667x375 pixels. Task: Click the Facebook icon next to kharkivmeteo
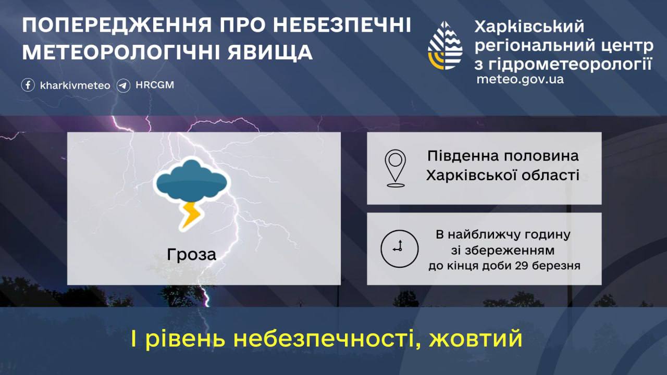coord(28,85)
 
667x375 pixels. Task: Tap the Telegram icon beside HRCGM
coord(123,86)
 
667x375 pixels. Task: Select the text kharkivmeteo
coord(75,85)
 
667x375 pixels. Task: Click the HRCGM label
coord(155,85)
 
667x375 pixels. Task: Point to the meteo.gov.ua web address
coord(520,80)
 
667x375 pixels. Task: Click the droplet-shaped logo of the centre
coord(445,45)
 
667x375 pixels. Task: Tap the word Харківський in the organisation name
coord(529,27)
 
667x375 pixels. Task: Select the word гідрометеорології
coord(570,64)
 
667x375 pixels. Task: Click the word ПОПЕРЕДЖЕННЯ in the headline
coord(117,26)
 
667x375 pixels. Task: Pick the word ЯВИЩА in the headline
coord(270,52)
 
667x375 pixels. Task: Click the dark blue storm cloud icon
coord(192,180)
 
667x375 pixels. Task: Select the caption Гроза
coord(191,255)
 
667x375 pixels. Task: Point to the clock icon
coord(399,249)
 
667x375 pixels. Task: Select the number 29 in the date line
coord(522,266)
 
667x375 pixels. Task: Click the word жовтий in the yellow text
coord(476,339)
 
